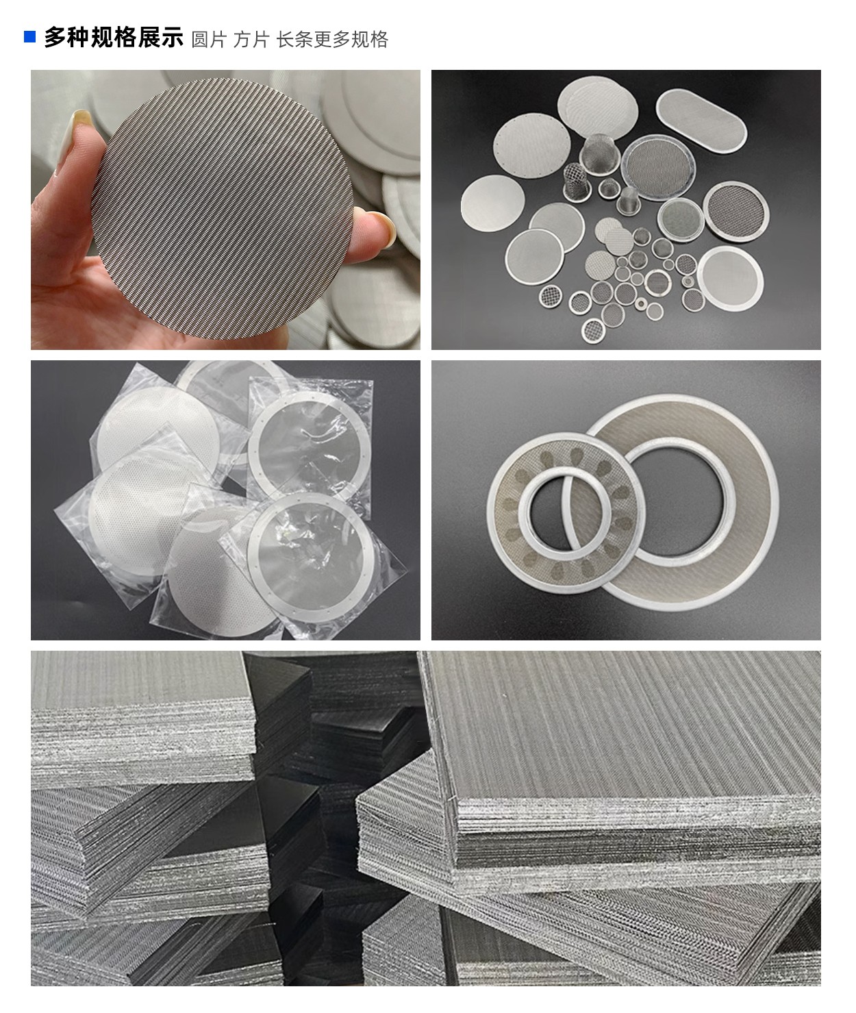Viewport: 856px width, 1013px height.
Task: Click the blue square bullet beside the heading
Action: [x=29, y=37]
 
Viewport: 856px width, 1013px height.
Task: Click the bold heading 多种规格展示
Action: [x=114, y=37]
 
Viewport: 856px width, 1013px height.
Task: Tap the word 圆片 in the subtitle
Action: [x=209, y=40]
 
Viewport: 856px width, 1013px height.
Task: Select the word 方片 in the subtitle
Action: [x=251, y=40]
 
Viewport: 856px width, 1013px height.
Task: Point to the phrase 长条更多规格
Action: [x=332, y=40]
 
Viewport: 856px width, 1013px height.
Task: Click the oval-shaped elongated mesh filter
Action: [x=701, y=121]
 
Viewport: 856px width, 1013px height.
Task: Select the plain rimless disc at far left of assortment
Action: [x=492, y=203]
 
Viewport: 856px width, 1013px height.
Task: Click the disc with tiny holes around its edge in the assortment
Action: [x=531, y=146]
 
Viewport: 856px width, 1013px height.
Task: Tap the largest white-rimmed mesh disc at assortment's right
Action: [x=730, y=278]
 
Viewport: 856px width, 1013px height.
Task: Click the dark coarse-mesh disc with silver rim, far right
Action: [x=736, y=211]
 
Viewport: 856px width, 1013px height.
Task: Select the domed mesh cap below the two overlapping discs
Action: [x=609, y=188]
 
